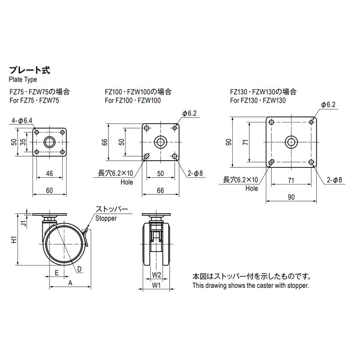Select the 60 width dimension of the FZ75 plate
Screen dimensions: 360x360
(49, 191)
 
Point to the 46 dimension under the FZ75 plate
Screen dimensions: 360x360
(49, 173)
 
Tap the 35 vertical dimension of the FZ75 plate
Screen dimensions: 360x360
(23, 142)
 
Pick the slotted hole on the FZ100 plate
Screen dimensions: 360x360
(147, 156)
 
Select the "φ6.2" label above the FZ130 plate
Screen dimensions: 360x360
(328, 104)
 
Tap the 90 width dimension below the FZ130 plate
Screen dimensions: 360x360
(291, 197)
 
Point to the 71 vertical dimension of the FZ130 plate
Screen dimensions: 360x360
(245, 143)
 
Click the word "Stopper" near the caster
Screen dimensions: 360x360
(106, 218)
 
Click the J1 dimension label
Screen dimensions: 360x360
(25, 221)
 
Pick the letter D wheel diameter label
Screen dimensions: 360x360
(79, 269)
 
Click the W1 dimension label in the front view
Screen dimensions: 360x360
(157, 285)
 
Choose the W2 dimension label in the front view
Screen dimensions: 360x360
(157, 274)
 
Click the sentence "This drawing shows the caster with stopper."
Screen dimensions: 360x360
(251, 285)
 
